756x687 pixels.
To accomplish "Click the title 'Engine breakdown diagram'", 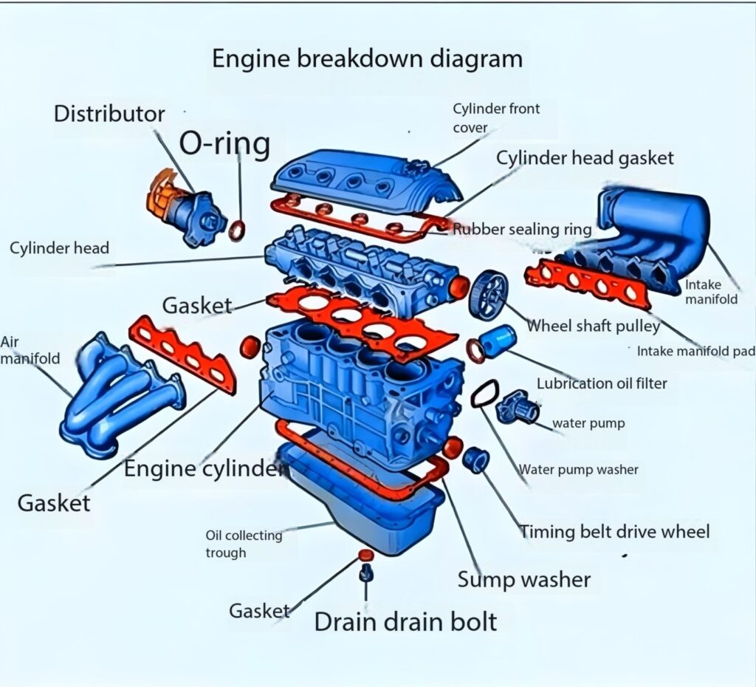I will click(x=367, y=58).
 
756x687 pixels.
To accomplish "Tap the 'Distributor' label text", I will click(x=109, y=114).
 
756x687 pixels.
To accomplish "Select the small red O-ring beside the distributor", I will click(x=237, y=230).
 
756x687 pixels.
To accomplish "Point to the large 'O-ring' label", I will click(x=225, y=144).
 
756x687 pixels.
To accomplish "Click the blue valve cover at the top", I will click(x=362, y=180).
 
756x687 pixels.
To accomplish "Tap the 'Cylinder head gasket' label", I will click(x=584, y=157).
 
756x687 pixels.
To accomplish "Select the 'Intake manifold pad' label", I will click(x=695, y=351).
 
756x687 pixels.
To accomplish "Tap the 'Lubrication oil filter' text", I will click(x=601, y=383).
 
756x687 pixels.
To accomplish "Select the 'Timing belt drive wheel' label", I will click(x=614, y=531).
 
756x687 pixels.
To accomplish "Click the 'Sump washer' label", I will click(x=523, y=579).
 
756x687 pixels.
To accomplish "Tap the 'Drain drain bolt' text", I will click(x=405, y=621).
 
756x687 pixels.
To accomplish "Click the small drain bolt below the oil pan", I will click(x=364, y=573).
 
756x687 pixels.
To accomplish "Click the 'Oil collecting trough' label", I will click(x=244, y=544).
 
